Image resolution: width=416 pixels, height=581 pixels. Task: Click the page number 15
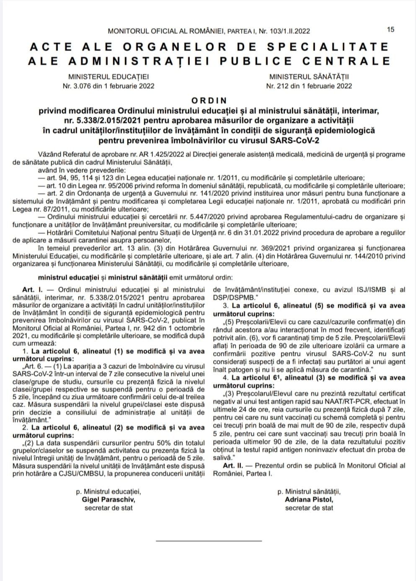390,29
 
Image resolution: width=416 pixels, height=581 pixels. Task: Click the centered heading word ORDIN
209,101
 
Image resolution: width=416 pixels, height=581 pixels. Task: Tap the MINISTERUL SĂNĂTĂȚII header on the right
309,77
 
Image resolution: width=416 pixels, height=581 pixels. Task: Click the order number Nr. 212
279,86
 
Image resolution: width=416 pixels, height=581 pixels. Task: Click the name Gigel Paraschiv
109,499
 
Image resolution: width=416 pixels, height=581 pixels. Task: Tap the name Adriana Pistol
309,499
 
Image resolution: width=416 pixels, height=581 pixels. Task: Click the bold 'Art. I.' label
32,289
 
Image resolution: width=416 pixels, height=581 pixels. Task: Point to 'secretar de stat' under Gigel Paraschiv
109,508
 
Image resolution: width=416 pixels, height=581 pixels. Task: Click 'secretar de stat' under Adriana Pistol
309,508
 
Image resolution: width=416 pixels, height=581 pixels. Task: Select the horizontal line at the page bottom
209,541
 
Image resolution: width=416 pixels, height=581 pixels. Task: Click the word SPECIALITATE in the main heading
328,46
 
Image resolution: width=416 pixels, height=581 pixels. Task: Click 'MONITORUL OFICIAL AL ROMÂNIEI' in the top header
167,31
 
